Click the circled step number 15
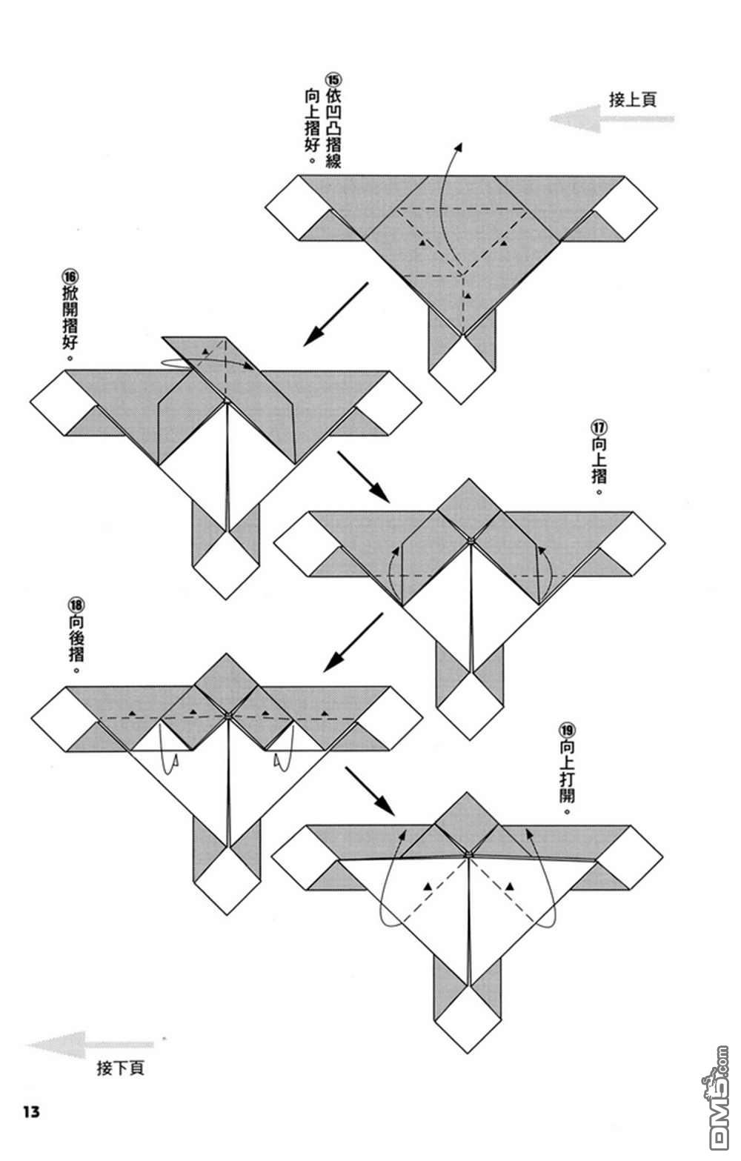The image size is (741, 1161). point(333,79)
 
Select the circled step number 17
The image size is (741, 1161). point(599,428)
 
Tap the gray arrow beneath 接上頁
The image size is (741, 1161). point(611,119)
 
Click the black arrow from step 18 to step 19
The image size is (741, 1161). point(368,789)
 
